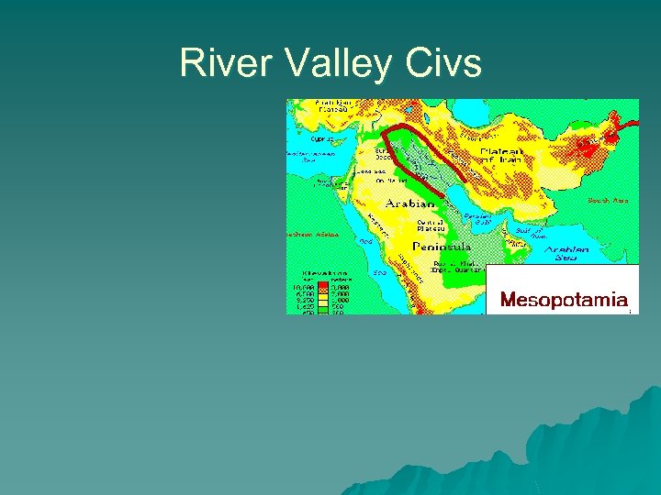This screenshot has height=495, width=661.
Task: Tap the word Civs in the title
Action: point(444,63)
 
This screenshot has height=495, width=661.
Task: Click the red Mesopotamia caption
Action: point(564,299)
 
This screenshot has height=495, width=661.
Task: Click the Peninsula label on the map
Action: point(442,247)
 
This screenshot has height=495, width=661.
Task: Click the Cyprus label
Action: point(322,138)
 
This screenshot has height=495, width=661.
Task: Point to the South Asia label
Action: point(607,199)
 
